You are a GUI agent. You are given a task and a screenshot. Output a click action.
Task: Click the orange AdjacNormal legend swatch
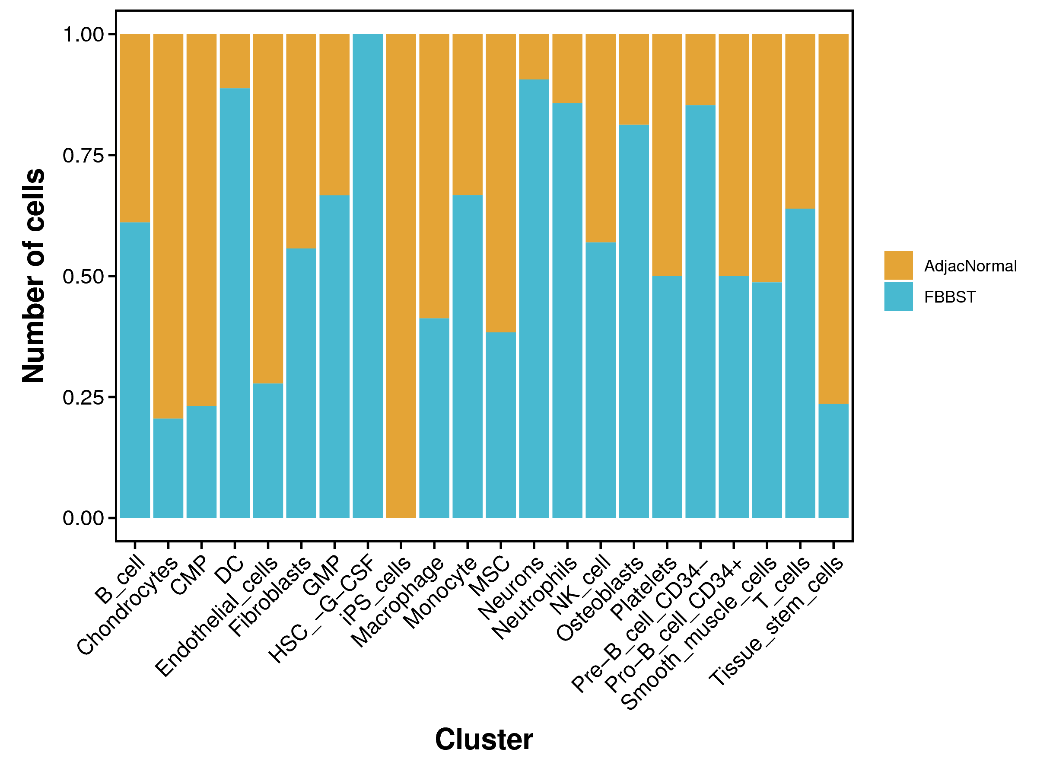(x=898, y=265)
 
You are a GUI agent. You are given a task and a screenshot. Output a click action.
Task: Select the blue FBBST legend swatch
(x=898, y=297)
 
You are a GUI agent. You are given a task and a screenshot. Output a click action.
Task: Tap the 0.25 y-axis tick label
(x=83, y=397)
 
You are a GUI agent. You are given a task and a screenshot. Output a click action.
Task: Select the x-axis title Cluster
(x=484, y=740)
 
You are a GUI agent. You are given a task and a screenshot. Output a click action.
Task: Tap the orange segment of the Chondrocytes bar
(x=169, y=225)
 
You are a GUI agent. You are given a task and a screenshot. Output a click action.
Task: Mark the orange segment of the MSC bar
(x=501, y=183)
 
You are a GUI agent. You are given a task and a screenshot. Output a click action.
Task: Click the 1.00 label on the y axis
(x=83, y=34)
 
